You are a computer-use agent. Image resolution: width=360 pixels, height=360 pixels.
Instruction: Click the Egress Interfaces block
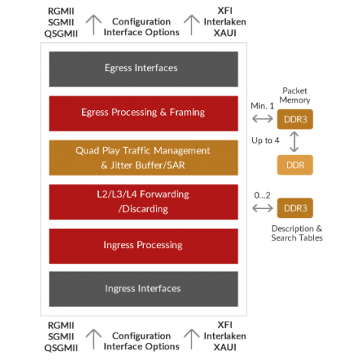tap(143, 69)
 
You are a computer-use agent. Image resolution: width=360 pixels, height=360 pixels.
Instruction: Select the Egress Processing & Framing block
tap(143, 113)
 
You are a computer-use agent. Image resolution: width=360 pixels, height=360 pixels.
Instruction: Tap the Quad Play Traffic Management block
tap(143, 158)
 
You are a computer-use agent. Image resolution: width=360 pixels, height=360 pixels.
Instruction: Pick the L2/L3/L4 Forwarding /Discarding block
tap(143, 201)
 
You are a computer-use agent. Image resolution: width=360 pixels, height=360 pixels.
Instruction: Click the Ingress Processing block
tap(143, 246)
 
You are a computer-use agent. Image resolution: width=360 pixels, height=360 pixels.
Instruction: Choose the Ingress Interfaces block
tap(143, 289)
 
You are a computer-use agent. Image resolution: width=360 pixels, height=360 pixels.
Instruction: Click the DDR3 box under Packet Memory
tap(295, 119)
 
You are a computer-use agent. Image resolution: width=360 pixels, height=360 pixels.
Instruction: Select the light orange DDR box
tap(295, 165)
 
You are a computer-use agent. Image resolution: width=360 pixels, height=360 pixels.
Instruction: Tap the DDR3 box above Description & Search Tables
tap(295, 208)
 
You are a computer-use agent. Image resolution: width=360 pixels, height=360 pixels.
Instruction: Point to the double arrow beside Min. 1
tap(263, 119)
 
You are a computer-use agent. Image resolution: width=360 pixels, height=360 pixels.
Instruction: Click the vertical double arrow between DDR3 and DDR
tap(294, 142)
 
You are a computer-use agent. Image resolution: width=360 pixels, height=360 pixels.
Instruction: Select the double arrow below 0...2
tap(263, 208)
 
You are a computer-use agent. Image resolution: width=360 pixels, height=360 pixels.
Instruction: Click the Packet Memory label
tap(295, 95)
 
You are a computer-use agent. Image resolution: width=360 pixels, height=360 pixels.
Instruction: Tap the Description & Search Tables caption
tap(296, 233)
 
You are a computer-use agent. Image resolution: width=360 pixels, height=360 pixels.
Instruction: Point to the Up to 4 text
tap(265, 141)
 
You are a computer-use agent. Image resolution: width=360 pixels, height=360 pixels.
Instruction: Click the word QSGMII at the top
tap(61, 34)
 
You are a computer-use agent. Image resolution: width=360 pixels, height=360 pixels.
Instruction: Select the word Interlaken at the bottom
tap(225, 336)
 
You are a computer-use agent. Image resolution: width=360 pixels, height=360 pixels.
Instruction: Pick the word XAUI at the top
tap(225, 33)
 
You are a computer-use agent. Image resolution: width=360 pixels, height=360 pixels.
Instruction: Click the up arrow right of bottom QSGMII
tap(93, 339)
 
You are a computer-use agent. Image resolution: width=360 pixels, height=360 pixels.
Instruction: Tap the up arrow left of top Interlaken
tap(191, 25)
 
